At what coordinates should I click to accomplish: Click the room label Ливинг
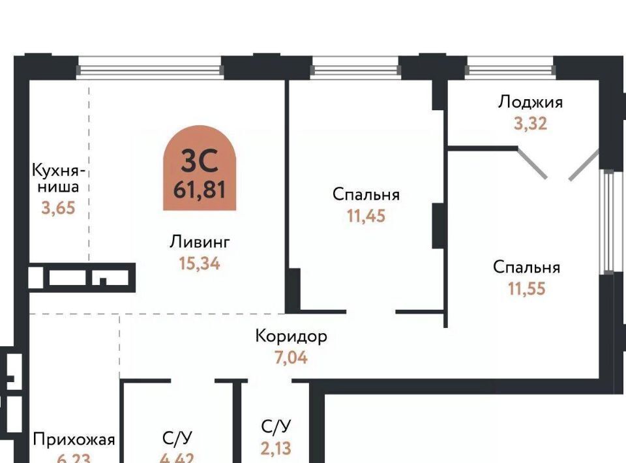(200, 243)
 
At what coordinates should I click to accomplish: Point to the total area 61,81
(200, 190)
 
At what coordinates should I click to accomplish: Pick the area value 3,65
(59, 210)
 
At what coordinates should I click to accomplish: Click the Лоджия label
(530, 102)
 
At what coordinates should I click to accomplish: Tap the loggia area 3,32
(530, 123)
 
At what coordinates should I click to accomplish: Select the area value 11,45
(366, 216)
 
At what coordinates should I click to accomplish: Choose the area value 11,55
(527, 288)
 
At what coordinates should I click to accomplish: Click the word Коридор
(291, 336)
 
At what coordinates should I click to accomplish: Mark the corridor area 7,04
(291, 357)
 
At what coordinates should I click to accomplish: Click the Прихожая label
(74, 439)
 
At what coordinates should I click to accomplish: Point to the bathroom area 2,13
(276, 447)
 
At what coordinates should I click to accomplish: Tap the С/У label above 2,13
(276, 426)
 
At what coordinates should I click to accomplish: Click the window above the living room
(150, 67)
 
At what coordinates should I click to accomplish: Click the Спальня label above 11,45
(366, 194)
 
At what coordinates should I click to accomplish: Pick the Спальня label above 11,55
(527, 267)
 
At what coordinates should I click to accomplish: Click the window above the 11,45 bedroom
(355, 67)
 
